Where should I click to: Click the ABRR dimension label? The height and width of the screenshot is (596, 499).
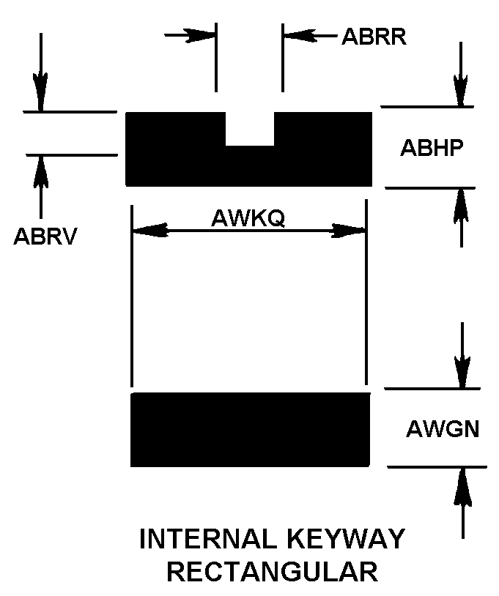(x=374, y=37)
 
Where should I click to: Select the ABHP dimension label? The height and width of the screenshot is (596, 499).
(x=431, y=148)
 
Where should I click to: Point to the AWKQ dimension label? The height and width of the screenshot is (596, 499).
(x=248, y=218)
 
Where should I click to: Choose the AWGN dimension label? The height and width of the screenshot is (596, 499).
(x=443, y=428)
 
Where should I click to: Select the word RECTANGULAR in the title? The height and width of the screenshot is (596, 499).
(x=272, y=571)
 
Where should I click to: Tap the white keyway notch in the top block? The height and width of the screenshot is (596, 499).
(x=249, y=129)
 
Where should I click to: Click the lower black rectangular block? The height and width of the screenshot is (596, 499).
(x=250, y=429)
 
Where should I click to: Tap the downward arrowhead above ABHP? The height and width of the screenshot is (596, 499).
(x=460, y=92)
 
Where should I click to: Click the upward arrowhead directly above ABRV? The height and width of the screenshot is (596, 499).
(x=40, y=171)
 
